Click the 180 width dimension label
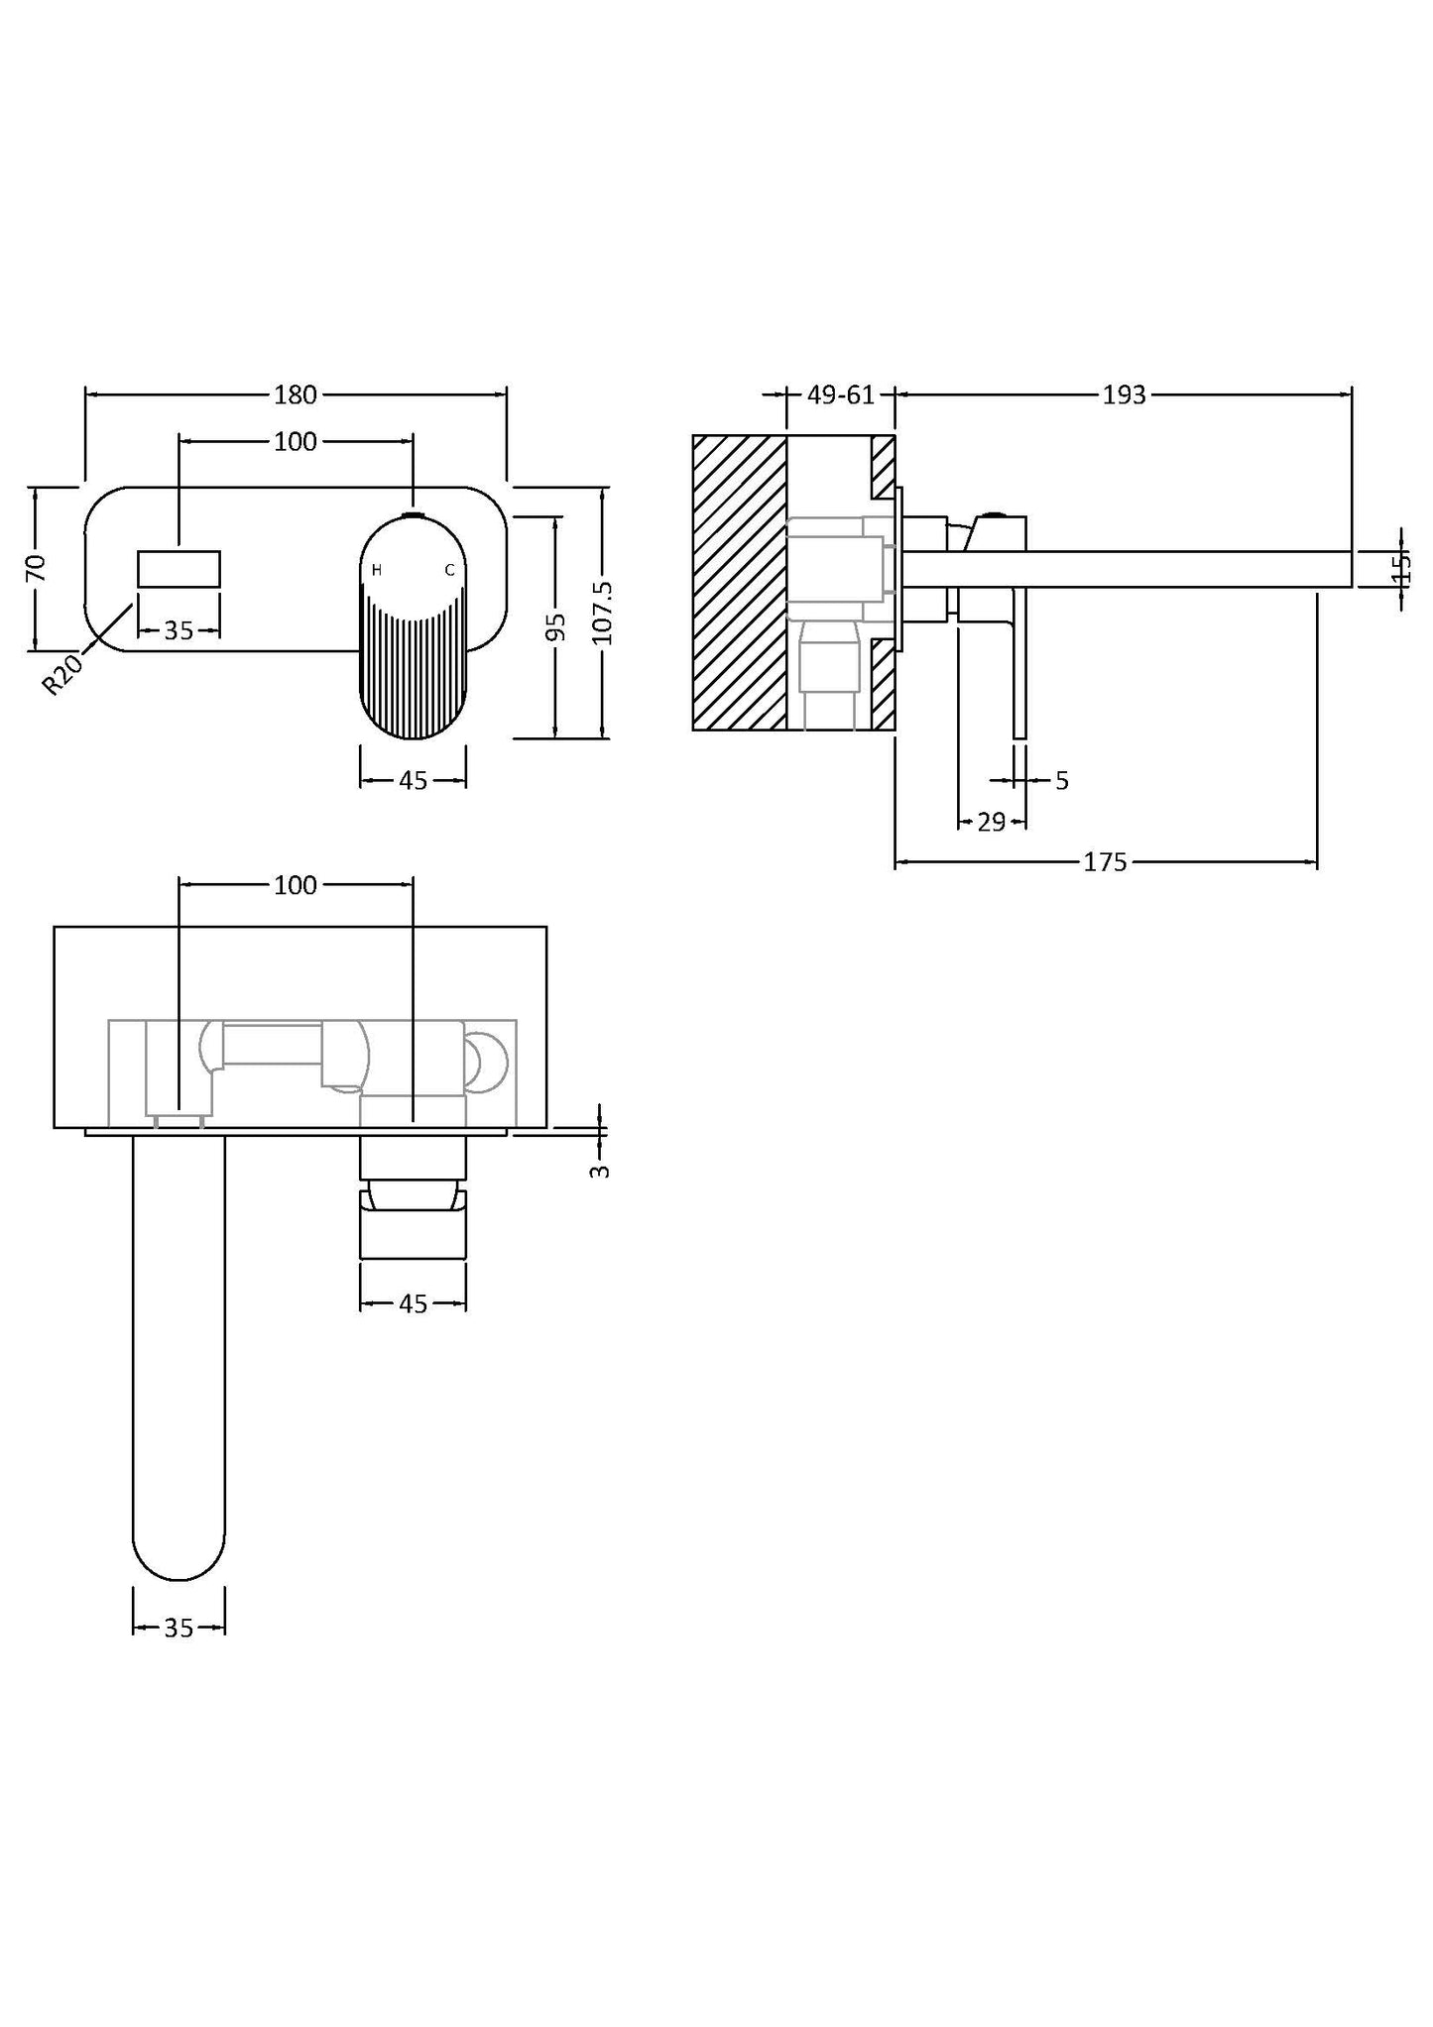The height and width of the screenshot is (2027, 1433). click(295, 394)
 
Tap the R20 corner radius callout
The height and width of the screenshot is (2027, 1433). click(63, 673)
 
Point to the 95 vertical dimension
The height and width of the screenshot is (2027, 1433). click(556, 626)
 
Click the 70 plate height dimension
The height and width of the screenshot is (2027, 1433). click(36, 568)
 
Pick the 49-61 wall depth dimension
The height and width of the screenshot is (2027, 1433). click(840, 394)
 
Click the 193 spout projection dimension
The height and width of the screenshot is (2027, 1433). click(1124, 394)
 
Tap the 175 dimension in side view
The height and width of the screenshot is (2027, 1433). click(1104, 862)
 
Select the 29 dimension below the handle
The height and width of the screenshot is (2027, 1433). click(991, 822)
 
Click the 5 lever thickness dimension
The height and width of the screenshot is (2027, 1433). click(1061, 781)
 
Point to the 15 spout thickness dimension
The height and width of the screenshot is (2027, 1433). click(1401, 568)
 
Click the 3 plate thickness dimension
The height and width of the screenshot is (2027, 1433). click(599, 1171)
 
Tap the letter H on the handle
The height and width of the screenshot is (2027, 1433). click(377, 570)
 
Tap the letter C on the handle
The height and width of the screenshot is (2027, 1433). click(449, 570)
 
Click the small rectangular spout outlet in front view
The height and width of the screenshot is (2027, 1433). click(179, 570)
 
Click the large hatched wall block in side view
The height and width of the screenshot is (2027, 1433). click(739, 583)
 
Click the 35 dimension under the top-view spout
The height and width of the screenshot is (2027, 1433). click(179, 1628)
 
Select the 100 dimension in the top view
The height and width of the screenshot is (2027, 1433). click(295, 885)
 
